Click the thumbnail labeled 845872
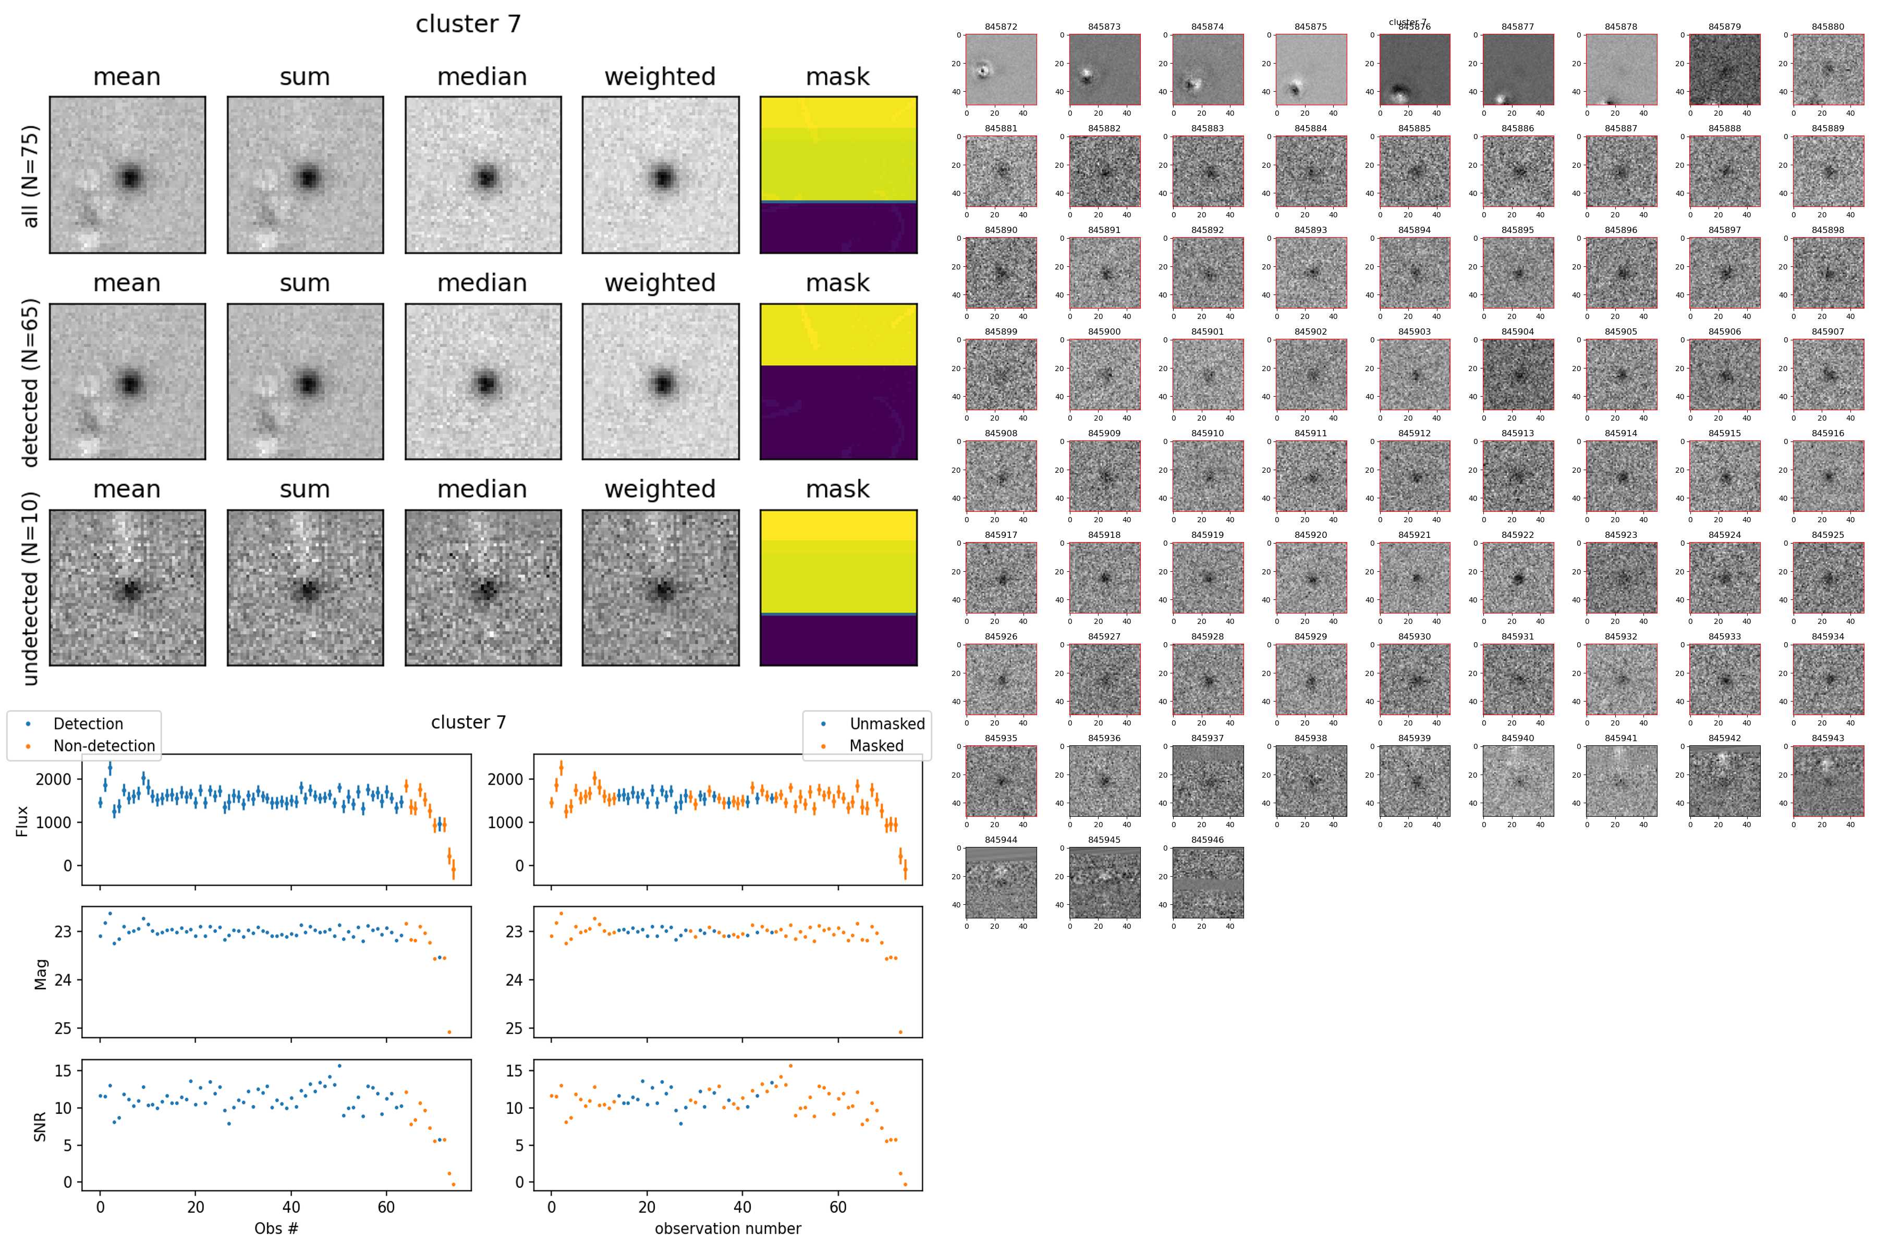click(x=1001, y=69)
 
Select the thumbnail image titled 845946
click(x=1208, y=882)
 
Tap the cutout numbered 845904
click(x=1518, y=374)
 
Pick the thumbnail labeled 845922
click(x=1518, y=578)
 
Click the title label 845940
click(x=1517, y=739)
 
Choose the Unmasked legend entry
click(x=886, y=724)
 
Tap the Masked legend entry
click(x=876, y=745)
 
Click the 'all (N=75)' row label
click(x=30, y=176)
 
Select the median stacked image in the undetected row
click(x=483, y=587)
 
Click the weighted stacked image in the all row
click(x=660, y=175)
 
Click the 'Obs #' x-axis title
click(x=276, y=1228)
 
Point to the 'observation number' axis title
click(x=727, y=1228)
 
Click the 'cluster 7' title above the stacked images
click(x=468, y=24)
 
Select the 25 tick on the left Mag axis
click(x=63, y=1028)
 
